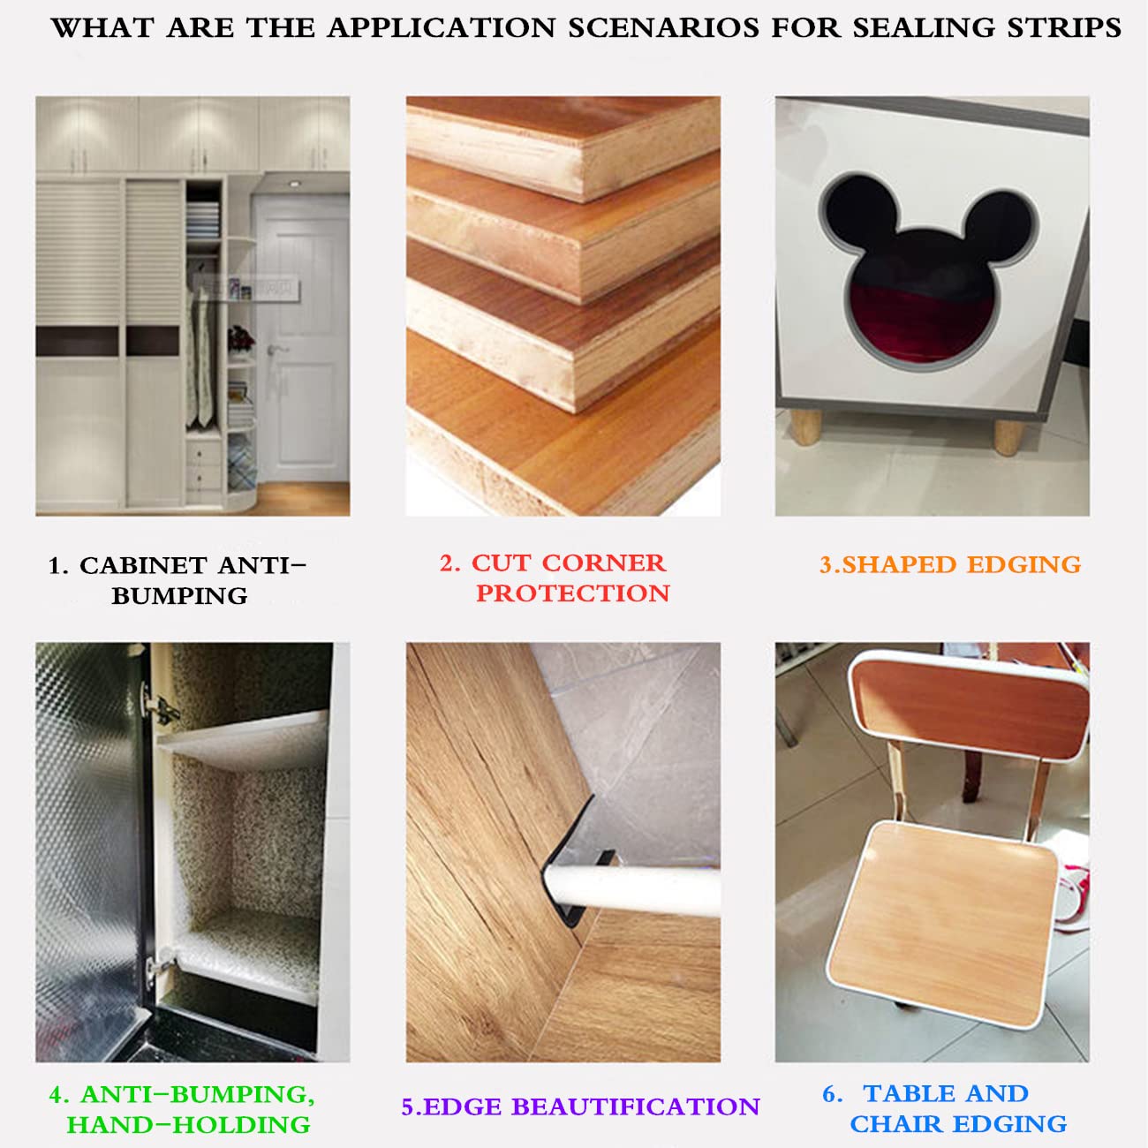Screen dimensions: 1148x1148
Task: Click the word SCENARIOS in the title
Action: pyautogui.click(x=664, y=28)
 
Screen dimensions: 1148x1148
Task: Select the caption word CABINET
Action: pyautogui.click(x=143, y=565)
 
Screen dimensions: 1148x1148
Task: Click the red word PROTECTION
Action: pyautogui.click(x=573, y=593)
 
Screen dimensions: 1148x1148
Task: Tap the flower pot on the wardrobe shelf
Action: pyautogui.click(x=241, y=340)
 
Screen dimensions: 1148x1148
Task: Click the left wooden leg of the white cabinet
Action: pyautogui.click(x=806, y=427)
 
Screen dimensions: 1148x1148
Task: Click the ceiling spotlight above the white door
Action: pyautogui.click(x=294, y=184)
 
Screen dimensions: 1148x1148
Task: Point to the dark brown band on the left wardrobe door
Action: pyautogui.click(x=78, y=341)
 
